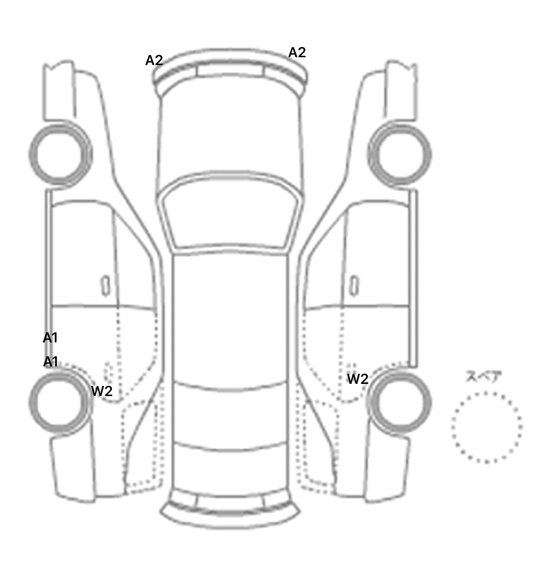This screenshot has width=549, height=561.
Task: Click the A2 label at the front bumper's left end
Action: [x=154, y=60]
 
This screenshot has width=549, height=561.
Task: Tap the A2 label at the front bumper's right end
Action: [x=297, y=53]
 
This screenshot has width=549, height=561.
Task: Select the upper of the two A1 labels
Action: [x=50, y=338]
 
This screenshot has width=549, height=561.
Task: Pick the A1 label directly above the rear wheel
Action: [x=50, y=362]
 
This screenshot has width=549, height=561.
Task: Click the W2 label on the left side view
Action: [x=102, y=391]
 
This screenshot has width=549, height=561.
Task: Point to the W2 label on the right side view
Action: [x=358, y=379]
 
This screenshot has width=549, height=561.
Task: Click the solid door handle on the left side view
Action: [x=105, y=286]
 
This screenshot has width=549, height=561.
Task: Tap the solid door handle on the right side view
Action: [x=355, y=286]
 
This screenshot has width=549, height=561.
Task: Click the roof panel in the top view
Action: [x=231, y=318]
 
